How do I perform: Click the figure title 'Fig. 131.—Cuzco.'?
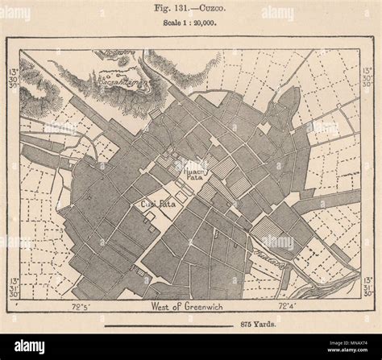191,10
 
